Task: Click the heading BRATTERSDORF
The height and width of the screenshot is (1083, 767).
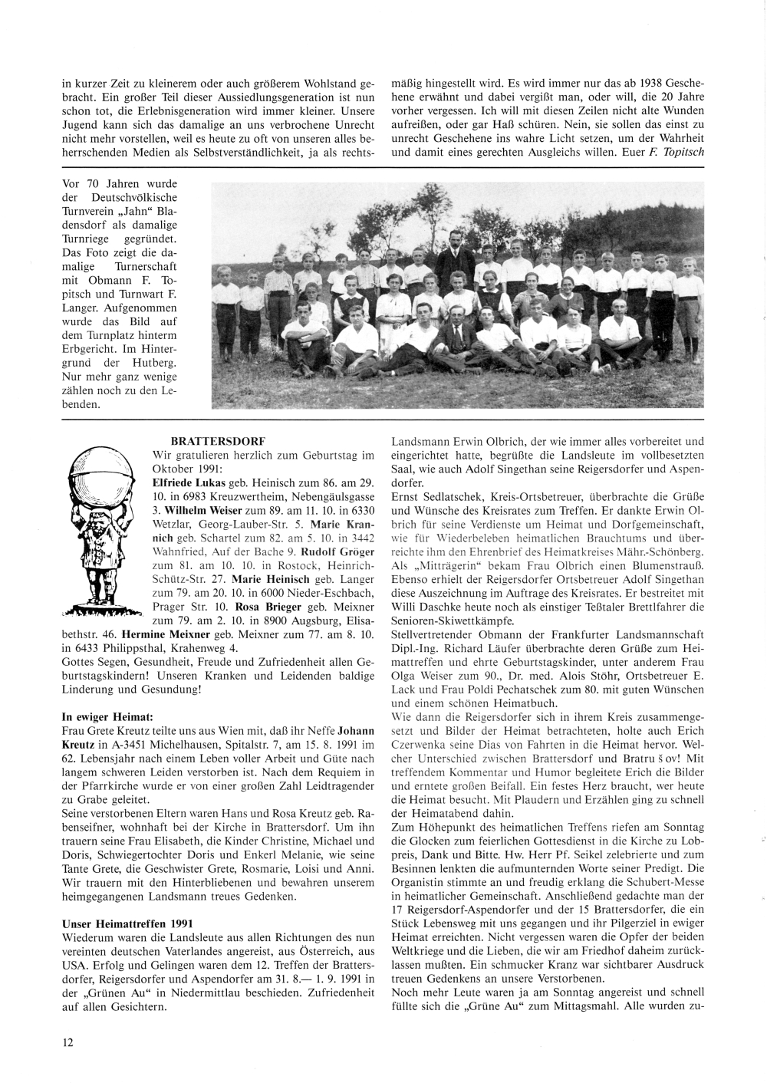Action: [218, 442]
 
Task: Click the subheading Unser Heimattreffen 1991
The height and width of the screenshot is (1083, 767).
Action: [127, 924]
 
